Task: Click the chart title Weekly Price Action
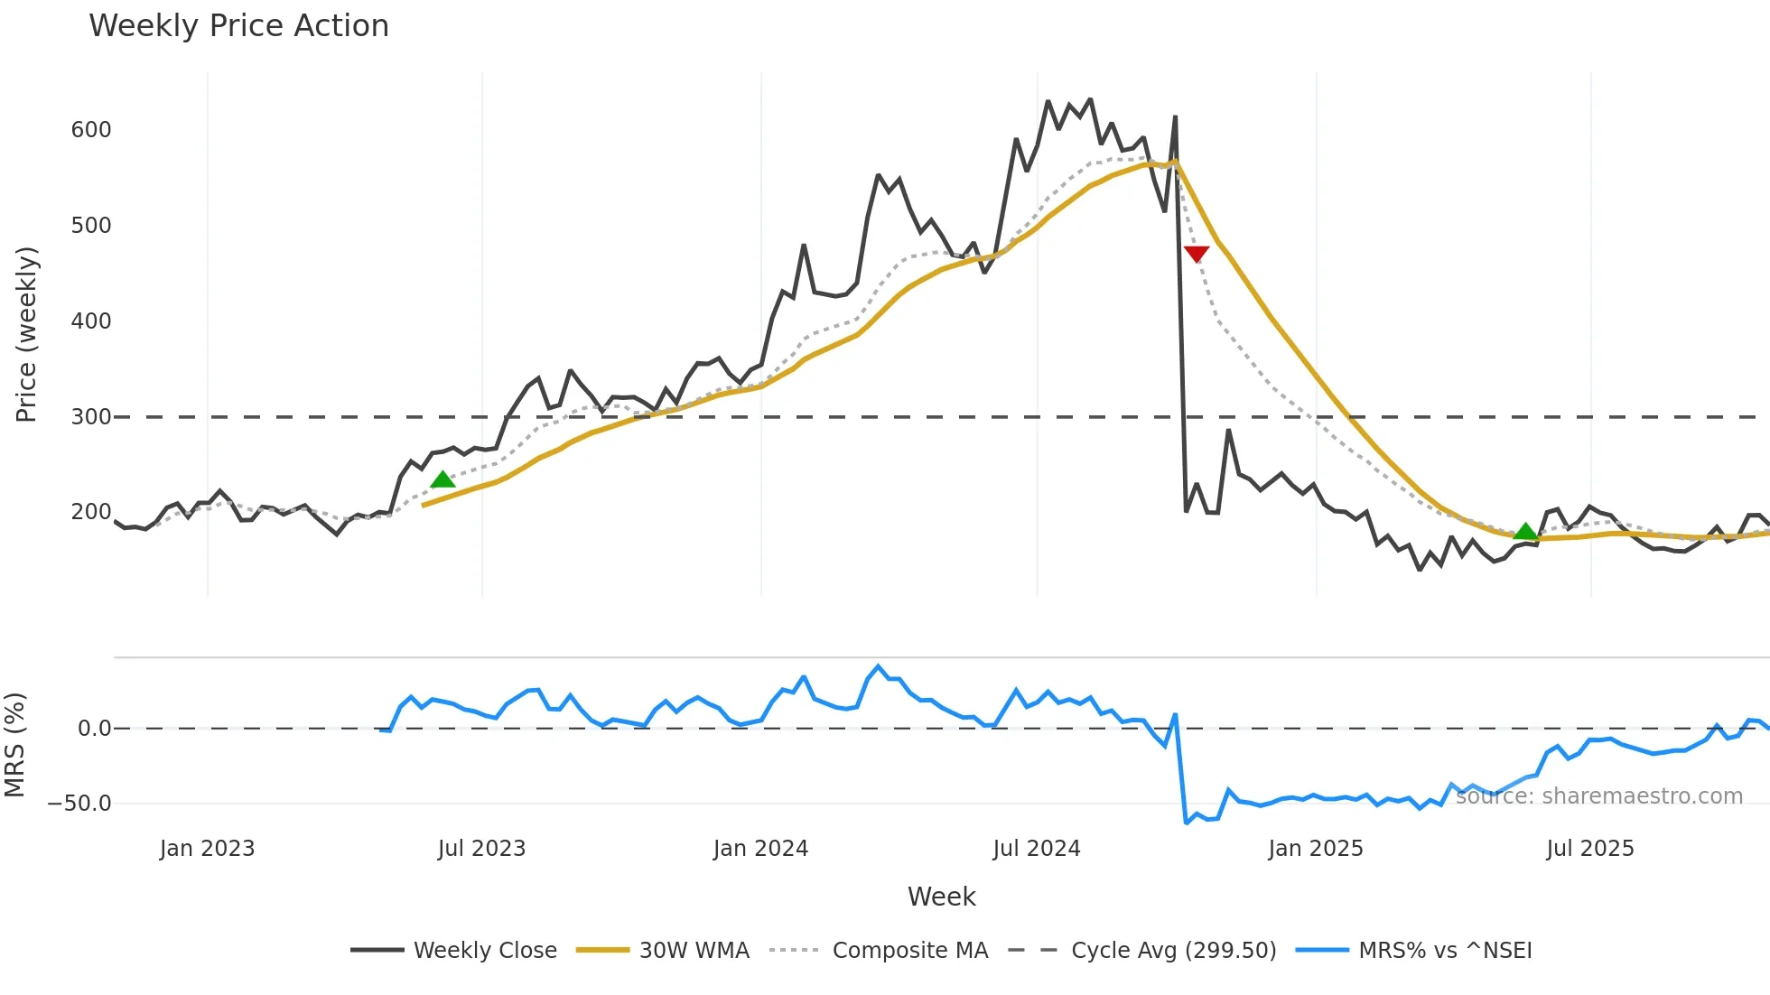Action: click(x=238, y=26)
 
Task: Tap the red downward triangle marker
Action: click(x=1196, y=255)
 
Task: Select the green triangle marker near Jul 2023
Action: click(x=442, y=479)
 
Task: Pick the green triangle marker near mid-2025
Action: click(x=1524, y=532)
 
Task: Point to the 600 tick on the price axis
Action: click(x=91, y=130)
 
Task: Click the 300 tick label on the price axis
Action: click(x=91, y=417)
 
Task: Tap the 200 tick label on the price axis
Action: click(x=91, y=512)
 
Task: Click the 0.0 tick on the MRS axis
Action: click(x=94, y=729)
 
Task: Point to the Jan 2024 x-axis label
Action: click(x=760, y=849)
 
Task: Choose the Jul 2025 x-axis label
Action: click(x=1589, y=849)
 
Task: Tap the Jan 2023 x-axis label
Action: click(x=207, y=849)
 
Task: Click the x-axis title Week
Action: click(x=941, y=897)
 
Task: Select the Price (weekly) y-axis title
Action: click(x=26, y=334)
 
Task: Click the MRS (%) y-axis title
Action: click(x=14, y=745)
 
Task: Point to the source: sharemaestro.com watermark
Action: click(x=1598, y=796)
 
